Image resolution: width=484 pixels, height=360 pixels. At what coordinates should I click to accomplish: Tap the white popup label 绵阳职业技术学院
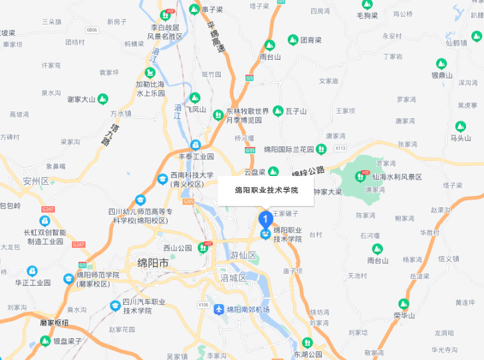pos(267,190)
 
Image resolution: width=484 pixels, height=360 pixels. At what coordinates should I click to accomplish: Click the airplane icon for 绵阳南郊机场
pos(219,310)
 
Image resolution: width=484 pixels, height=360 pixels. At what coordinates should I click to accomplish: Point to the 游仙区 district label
pos(243,255)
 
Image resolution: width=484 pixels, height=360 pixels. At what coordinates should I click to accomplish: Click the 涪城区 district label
pos(233,278)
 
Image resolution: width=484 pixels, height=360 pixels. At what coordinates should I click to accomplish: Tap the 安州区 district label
pos(36,181)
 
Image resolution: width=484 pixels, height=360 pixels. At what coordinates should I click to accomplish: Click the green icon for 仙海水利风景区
pos(361,177)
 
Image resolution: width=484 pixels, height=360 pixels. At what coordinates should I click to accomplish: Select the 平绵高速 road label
pos(214,37)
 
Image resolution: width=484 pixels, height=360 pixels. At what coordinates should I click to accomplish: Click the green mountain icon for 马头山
pos(460,126)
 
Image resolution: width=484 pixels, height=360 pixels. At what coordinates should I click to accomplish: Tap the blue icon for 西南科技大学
pos(163,178)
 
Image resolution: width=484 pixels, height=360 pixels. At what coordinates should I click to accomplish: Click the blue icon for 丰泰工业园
pos(195,145)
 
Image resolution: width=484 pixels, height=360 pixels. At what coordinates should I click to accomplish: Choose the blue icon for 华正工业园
pos(32,271)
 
